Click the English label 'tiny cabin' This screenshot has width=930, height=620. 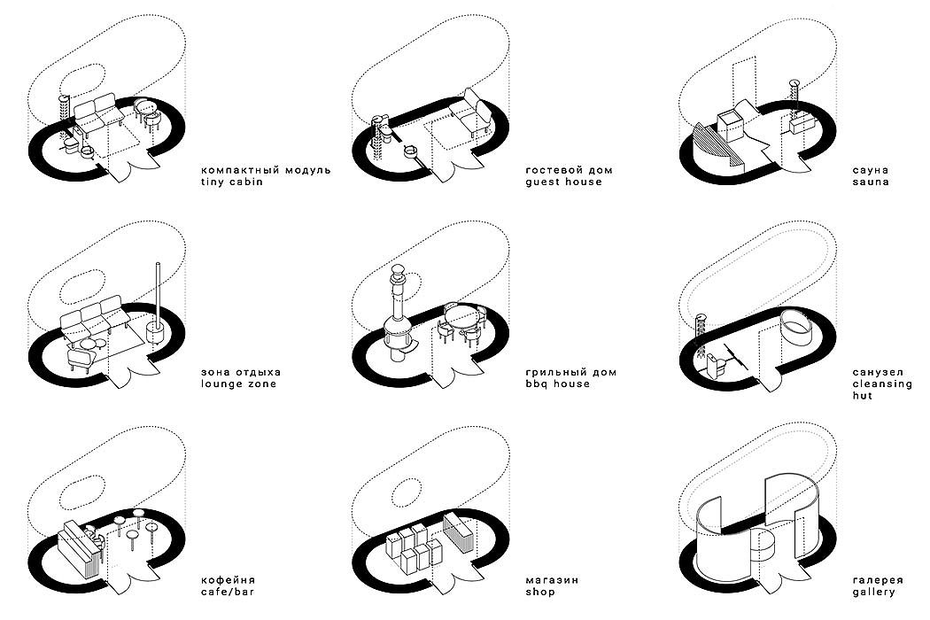pyautogui.click(x=235, y=182)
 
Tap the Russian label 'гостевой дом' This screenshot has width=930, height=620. pyautogui.click(x=568, y=169)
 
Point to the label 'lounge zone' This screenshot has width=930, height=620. pyautogui.click(x=240, y=384)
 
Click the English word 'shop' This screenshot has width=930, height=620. pyautogui.click(x=539, y=592)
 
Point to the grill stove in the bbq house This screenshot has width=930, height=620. pyautogui.click(x=398, y=323)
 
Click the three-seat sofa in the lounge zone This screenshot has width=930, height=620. pyautogui.click(x=92, y=316)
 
